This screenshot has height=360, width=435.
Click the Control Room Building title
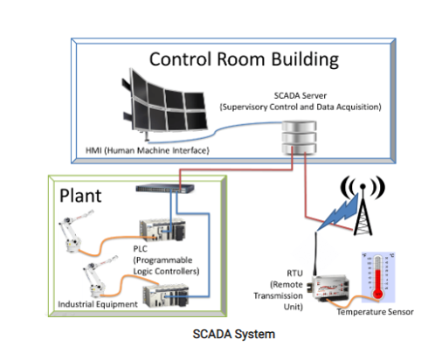coord(244,59)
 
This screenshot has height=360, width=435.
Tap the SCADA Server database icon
coord(299,137)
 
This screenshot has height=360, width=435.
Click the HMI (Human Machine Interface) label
coord(148,150)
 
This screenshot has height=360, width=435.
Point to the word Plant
coord(80,196)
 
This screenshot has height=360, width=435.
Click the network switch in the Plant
coord(165,188)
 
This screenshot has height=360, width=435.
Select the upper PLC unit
coord(162,230)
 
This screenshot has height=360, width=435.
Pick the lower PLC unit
coord(166,295)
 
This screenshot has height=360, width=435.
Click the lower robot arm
coord(98,277)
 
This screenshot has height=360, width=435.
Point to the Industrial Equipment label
coord(98,304)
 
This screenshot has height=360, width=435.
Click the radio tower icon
coord(362,205)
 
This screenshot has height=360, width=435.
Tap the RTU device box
coord(331,288)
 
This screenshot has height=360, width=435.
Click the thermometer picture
coord(378,277)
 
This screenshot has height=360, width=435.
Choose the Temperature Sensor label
coord(375,312)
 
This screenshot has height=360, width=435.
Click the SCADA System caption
coord(234,334)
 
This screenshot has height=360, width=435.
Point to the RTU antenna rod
coord(315,253)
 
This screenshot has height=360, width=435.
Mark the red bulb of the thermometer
coord(378,294)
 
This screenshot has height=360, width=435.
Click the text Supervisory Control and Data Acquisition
coord(300,107)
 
